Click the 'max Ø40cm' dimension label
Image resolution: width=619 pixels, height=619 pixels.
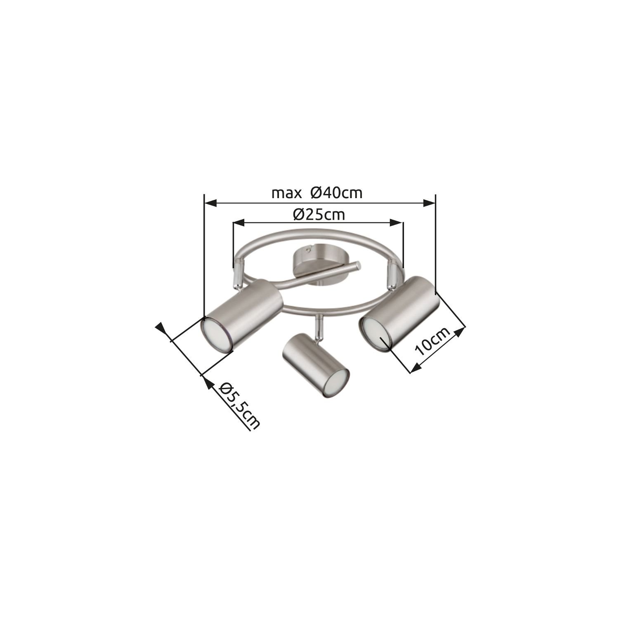click(317, 193)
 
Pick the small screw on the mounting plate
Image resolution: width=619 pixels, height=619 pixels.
click(308, 250)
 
